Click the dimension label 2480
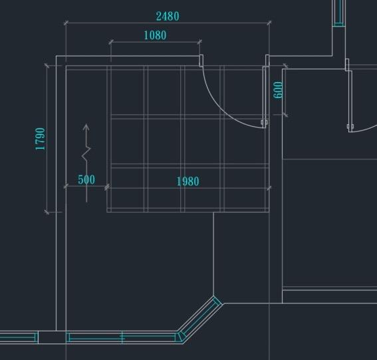click(168, 17)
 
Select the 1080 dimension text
click(155, 35)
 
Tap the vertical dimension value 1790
click(40, 139)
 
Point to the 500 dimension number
click(86, 179)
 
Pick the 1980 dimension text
click(188, 181)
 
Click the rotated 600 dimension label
click(278, 90)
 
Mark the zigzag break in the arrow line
click(86, 153)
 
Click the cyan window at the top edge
click(339, 13)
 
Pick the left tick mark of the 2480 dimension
click(66, 23)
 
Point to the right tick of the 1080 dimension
click(199, 42)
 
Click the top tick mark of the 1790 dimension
click(47, 65)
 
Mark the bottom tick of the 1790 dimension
click(47, 212)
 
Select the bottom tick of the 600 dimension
click(285, 115)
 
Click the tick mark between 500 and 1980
click(107, 187)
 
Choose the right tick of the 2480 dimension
click(269, 23)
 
